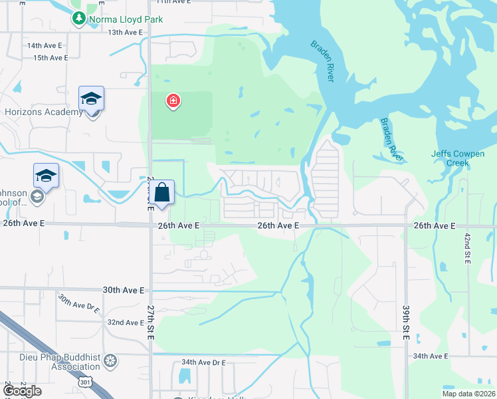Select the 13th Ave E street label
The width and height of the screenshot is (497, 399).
tap(126, 32)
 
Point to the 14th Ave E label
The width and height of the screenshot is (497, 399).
tap(44, 46)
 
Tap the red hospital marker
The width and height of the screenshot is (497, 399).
tap(173, 101)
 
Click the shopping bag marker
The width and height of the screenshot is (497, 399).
tap(162, 194)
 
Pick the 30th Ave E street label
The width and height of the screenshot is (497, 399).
tap(124, 290)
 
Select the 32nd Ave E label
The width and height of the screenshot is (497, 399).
tap(126, 323)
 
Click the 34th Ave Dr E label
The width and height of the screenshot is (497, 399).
tap(203, 362)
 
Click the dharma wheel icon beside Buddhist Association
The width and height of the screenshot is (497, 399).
tap(110, 361)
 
